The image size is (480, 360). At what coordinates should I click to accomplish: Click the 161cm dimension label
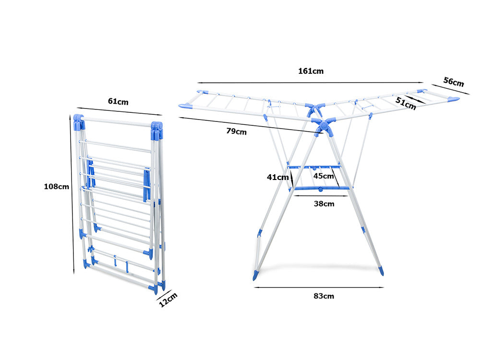pos(311,71)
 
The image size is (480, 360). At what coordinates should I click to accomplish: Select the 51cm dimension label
pos(406,103)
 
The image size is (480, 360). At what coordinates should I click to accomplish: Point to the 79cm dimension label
pos(237,131)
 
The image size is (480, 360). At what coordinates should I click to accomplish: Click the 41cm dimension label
pos(277,177)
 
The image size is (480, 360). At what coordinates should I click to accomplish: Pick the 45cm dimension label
pos(324,176)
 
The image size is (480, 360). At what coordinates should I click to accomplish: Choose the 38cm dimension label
pos(324,204)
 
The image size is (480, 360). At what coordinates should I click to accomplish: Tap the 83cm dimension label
pos(324,296)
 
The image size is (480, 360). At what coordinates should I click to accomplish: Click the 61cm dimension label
pos(118,101)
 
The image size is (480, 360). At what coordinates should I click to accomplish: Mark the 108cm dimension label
pos(57,186)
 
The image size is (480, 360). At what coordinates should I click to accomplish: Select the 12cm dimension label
pos(168,300)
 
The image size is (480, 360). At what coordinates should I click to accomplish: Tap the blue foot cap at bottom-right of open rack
pos(381,271)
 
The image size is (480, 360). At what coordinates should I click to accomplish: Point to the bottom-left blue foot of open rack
pos(255,276)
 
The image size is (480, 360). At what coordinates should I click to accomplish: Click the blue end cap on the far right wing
pos(453,99)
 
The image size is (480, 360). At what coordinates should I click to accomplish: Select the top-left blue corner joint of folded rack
pos(79,122)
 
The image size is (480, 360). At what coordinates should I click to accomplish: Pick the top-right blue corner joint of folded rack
pos(156,129)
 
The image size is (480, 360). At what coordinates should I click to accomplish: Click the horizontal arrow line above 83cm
pos(319,288)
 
